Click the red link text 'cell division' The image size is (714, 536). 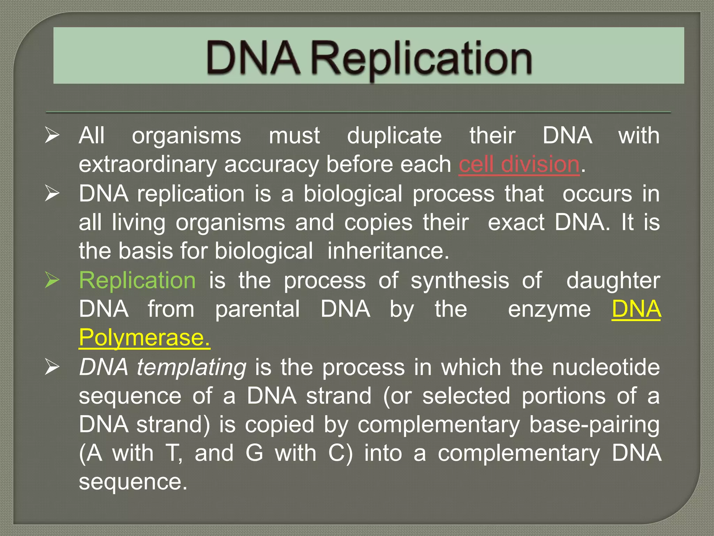pos(519,164)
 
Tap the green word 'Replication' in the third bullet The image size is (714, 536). pos(137,280)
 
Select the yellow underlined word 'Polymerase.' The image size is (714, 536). pos(144,338)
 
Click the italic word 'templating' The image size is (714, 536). pos(191,367)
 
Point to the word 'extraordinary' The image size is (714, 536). pos(147,164)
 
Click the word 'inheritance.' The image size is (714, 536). pos(388,251)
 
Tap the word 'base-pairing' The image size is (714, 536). pos(594,425)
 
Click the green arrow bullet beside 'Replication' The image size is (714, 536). pos(52,280)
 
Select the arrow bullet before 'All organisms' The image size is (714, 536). pos(52,135)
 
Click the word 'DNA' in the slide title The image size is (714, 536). pos(253,58)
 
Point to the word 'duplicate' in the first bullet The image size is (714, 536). pos(394,135)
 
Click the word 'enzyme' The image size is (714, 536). pos(549,310)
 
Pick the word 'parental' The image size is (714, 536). pos(257,310)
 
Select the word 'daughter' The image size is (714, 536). pos(613,280)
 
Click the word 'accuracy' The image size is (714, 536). pos(271,164)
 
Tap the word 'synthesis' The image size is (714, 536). pos(459,280)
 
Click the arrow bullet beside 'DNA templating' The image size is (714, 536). pos(52,367)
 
